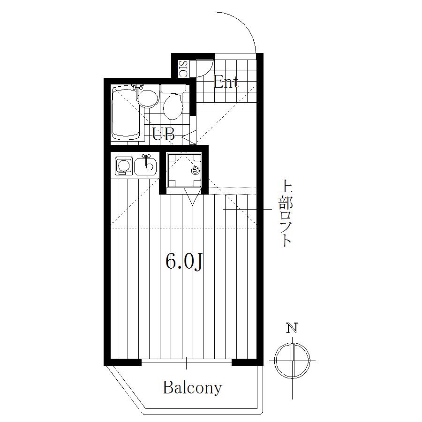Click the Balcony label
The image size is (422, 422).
pyautogui.click(x=192, y=388)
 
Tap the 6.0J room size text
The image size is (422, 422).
pyautogui.click(x=184, y=262)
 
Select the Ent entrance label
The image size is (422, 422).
pyautogui.click(x=226, y=82)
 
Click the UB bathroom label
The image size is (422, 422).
pyautogui.click(x=163, y=134)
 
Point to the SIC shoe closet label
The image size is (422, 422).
pyautogui.click(x=183, y=68)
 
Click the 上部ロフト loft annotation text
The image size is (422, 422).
pyautogui.click(x=286, y=214)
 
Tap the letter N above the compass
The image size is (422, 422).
pyautogui.click(x=292, y=328)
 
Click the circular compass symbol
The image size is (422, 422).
pyautogui.click(x=292, y=361)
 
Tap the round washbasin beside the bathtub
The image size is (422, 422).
pyautogui.click(x=147, y=98)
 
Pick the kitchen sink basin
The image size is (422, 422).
pyautogui.click(x=145, y=166)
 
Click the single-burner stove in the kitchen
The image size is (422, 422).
pyautogui.click(x=124, y=165)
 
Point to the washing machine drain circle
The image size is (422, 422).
pyautogui.click(x=195, y=170)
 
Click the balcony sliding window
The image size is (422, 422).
pyautogui.click(x=187, y=362)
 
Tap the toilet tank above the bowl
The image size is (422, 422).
pyautogui.click(x=173, y=89)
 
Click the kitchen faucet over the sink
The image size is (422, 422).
pyautogui.click(x=146, y=160)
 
